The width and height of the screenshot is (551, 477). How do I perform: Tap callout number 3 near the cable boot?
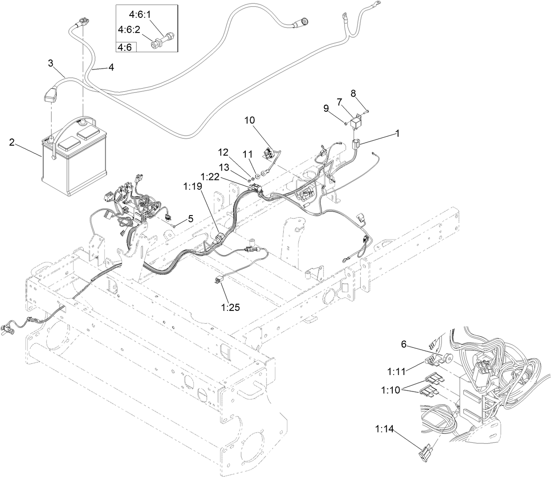[51, 63]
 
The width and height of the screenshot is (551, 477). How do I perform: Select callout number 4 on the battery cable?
[110, 67]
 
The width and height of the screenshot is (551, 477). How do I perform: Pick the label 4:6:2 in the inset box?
[128, 29]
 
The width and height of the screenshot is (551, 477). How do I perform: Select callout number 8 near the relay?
[353, 93]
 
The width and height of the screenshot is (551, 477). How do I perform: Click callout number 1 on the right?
[397, 133]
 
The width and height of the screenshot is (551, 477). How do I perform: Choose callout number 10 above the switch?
[249, 120]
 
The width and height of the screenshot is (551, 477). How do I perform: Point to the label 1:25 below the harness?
[230, 307]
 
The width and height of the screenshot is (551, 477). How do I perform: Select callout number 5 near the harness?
[190, 218]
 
